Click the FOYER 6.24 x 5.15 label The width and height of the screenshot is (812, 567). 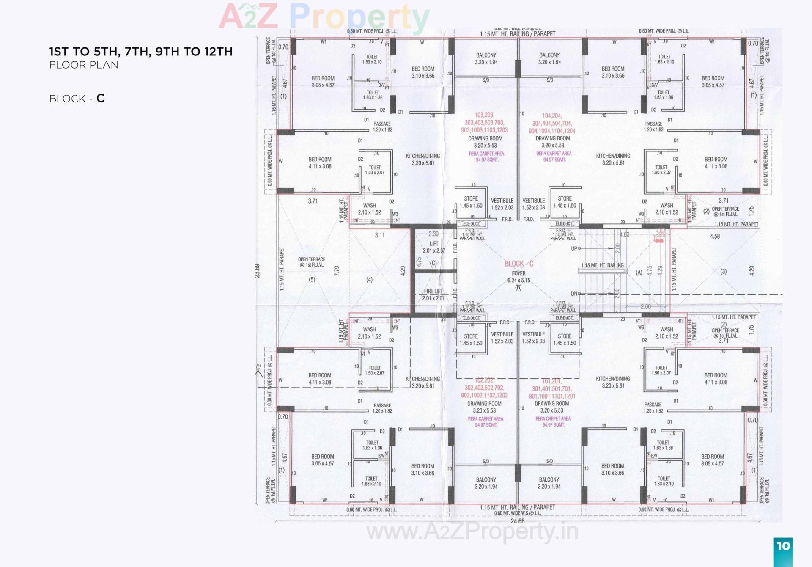tap(518, 277)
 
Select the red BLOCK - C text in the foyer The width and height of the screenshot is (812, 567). tap(519, 264)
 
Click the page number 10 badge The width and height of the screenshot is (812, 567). tap(783, 546)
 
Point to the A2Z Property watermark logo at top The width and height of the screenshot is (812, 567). tap(324, 17)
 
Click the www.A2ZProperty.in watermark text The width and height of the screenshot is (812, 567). tap(472, 531)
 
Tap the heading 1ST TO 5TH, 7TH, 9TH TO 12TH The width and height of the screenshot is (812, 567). tap(141, 52)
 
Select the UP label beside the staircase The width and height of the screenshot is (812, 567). tap(574, 249)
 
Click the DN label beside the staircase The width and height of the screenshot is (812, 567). tap(574, 294)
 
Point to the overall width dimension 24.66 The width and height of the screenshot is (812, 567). tap(518, 521)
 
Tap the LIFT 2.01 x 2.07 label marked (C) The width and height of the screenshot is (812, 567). tap(434, 247)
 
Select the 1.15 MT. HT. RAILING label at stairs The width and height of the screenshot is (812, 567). tap(602, 266)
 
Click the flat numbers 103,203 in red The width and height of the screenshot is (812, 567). tap(484, 115)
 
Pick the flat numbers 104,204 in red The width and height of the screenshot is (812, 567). tap(551, 116)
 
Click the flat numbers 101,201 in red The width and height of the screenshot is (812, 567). tap(551, 381)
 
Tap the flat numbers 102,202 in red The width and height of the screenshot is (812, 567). tap(484, 380)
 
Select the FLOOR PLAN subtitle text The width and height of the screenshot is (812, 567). tap(84, 65)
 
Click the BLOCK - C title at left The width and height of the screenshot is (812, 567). tap(77, 99)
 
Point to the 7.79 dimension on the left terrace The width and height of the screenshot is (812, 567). tap(337, 271)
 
